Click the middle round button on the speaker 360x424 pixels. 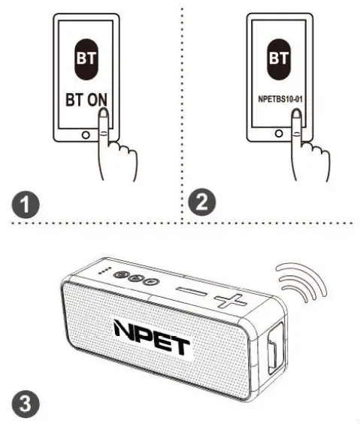(135, 279)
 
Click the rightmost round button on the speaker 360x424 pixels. (150, 283)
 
